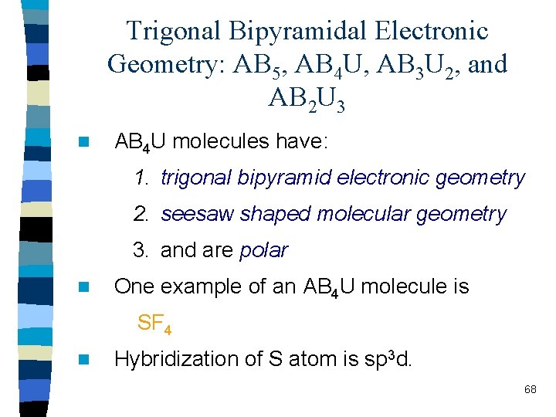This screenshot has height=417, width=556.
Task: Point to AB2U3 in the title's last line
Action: [307, 98]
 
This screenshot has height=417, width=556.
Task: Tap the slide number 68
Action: [530, 389]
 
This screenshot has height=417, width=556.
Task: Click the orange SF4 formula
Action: [154, 324]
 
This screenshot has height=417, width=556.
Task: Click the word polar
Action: [263, 250]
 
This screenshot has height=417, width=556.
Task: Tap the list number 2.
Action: [140, 214]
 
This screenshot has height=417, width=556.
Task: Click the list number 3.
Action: [140, 250]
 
